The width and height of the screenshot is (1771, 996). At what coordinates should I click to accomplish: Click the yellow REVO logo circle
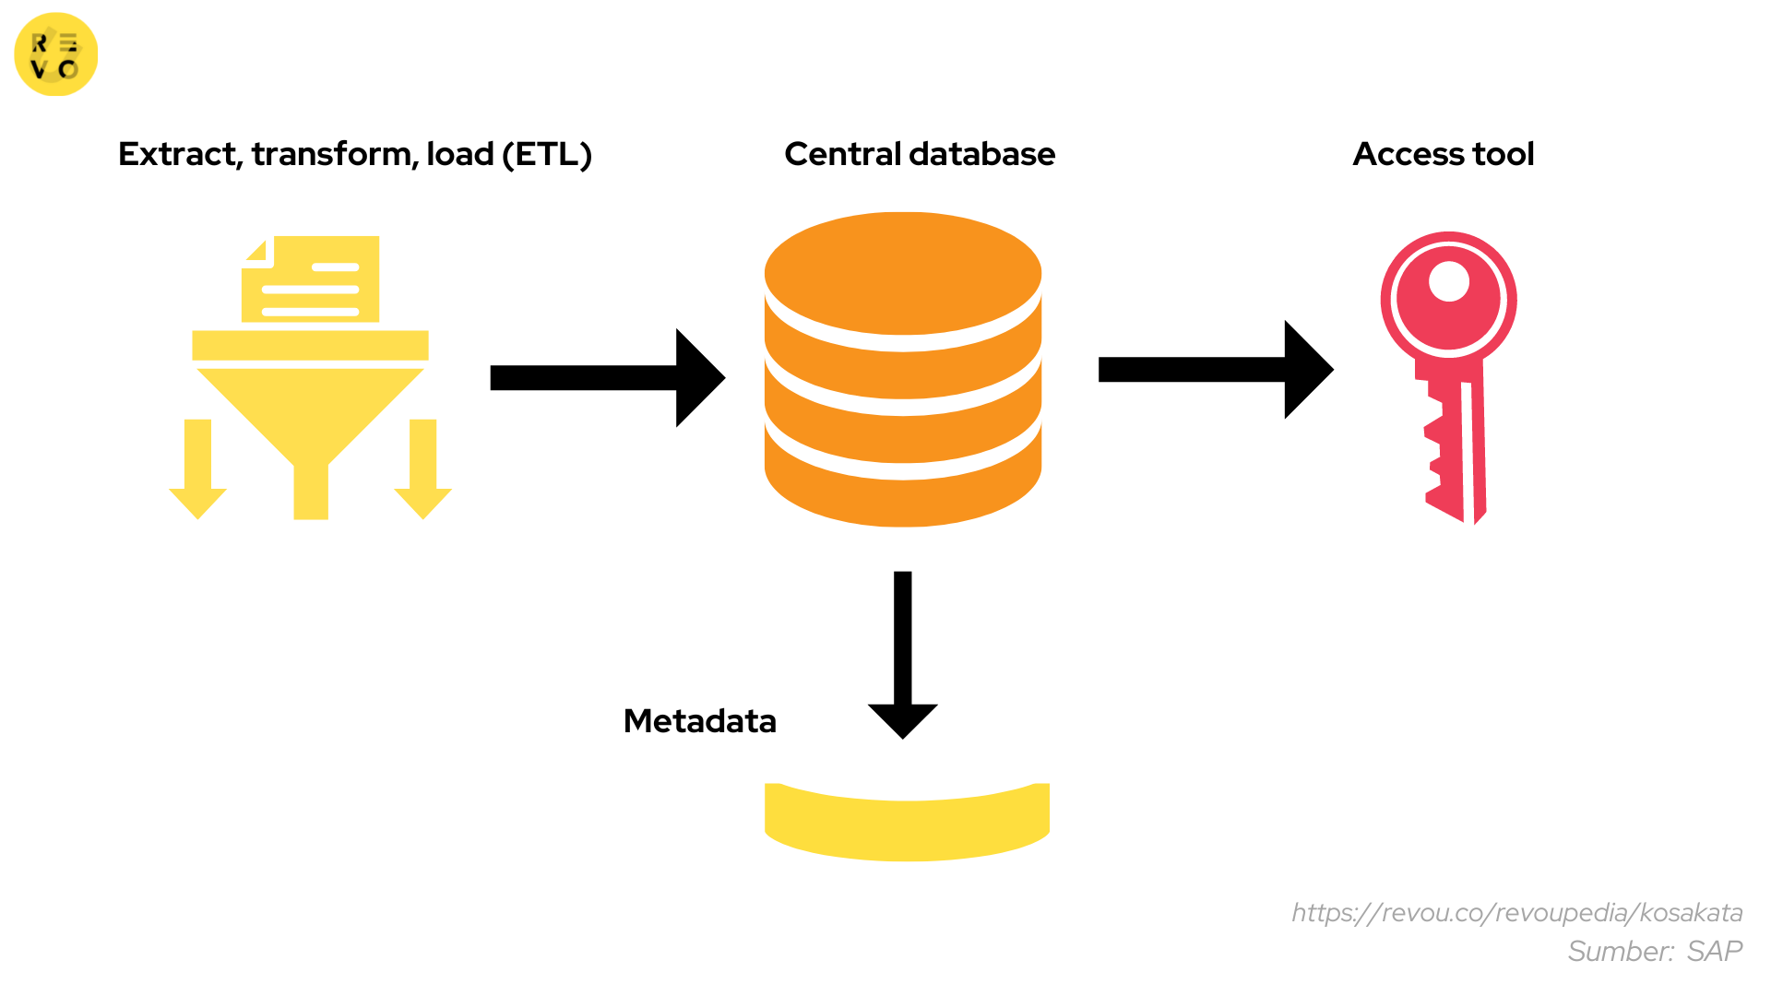pyautogui.click(x=55, y=54)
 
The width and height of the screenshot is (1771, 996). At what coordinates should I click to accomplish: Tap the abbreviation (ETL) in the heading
pyautogui.click(x=547, y=154)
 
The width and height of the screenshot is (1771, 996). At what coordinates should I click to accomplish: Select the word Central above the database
pyautogui.click(x=842, y=154)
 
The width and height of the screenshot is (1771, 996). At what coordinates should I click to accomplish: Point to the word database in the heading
pyautogui.click(x=982, y=154)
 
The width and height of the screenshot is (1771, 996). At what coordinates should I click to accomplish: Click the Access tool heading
pyautogui.click(x=1443, y=154)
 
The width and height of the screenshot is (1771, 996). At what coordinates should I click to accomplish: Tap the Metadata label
pyautogui.click(x=699, y=721)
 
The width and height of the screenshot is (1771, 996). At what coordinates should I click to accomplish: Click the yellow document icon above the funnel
pyautogui.click(x=311, y=279)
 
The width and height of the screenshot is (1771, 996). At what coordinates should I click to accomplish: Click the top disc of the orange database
pyautogui.click(x=903, y=273)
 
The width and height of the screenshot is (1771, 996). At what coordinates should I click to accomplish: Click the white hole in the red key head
pyautogui.click(x=1448, y=281)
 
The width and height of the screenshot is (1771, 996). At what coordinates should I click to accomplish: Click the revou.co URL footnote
pyautogui.click(x=1516, y=913)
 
